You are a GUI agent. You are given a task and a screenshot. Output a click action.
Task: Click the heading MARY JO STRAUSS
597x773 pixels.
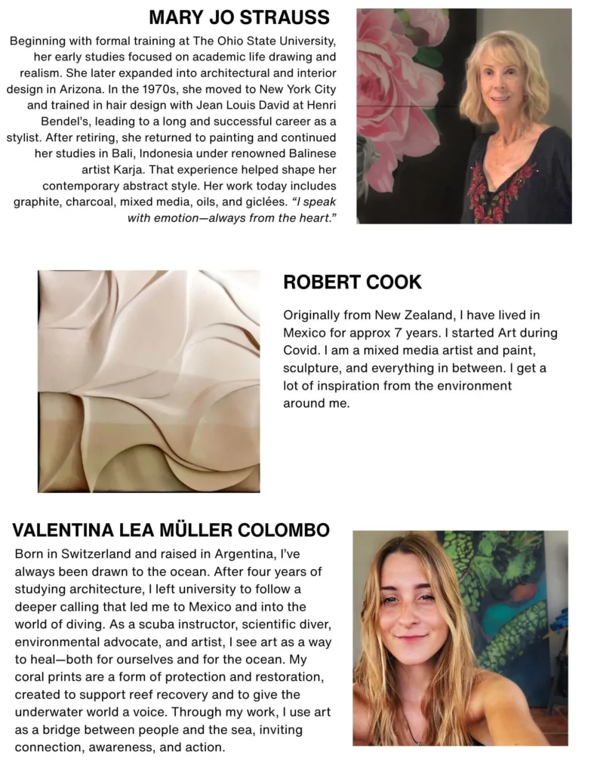coord(239,17)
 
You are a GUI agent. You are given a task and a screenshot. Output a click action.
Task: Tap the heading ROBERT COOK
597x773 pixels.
coord(352,282)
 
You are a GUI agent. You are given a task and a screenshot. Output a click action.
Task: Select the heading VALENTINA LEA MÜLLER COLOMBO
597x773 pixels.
coord(171,530)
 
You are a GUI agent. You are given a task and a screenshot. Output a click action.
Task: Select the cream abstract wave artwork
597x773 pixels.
coord(149,381)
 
